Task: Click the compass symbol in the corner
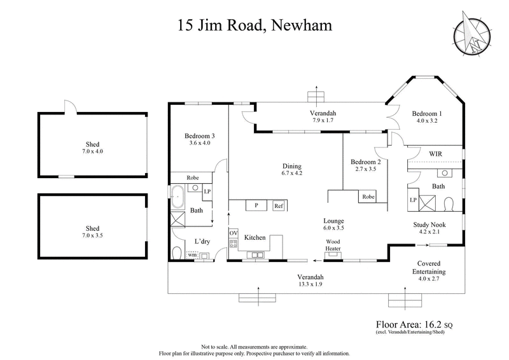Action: click(472, 34)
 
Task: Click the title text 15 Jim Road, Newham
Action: click(254, 26)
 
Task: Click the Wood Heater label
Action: click(333, 245)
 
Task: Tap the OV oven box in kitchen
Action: click(233, 234)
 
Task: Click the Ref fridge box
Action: click(278, 206)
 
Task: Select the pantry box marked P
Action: click(256, 206)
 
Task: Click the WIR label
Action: click(436, 154)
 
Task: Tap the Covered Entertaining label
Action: click(431, 267)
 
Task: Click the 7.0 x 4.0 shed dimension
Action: click(94, 153)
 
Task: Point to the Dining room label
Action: click(292, 167)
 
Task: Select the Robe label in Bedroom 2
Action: click(368, 197)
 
